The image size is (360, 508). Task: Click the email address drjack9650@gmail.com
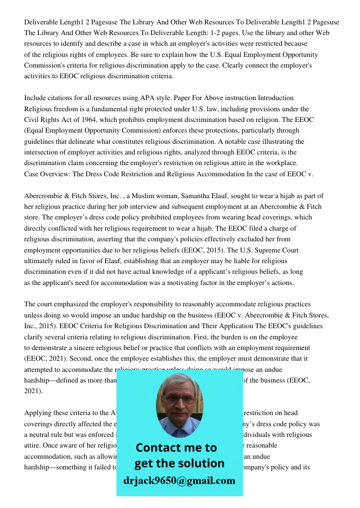[x=179, y=481]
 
